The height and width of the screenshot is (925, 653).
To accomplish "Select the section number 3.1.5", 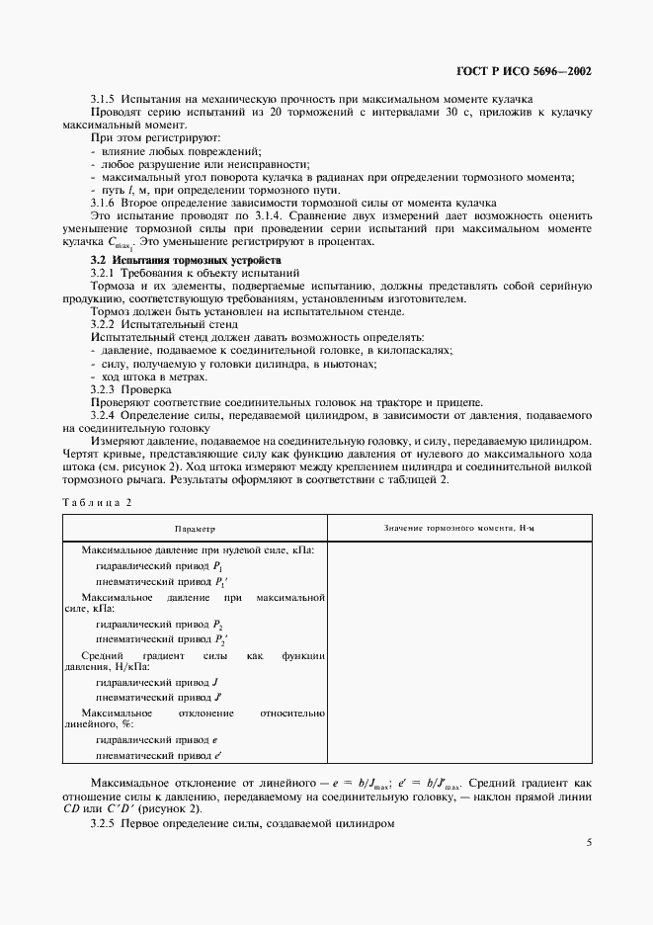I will click(x=104, y=100).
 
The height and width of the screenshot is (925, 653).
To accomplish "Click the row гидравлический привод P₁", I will click(x=158, y=566).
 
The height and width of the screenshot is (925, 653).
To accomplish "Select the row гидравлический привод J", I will click(x=156, y=682).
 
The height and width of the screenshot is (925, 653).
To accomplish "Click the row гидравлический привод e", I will click(x=156, y=739).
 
